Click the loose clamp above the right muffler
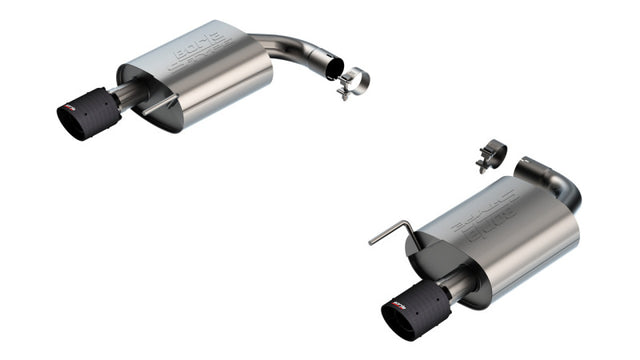(492, 155)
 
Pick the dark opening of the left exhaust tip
(71, 121)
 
